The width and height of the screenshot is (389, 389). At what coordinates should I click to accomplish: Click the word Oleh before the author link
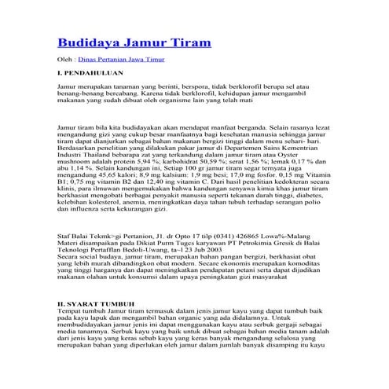[x=67, y=60]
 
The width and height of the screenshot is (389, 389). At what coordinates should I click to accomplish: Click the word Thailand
[x=95, y=163]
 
